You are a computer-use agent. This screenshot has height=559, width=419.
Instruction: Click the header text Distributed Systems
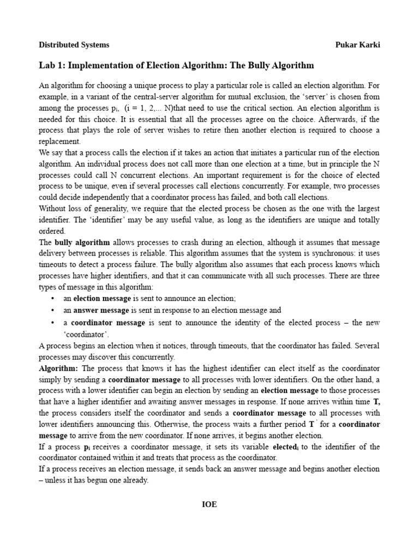[74, 45]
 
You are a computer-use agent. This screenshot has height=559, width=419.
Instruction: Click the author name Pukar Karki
[357, 45]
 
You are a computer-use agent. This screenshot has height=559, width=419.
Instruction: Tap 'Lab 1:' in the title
[52, 66]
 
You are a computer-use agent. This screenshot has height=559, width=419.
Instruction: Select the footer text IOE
[209, 504]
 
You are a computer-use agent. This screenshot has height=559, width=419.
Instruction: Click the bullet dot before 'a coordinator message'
[52, 323]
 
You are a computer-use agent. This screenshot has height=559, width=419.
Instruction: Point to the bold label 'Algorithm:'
[58, 368]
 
